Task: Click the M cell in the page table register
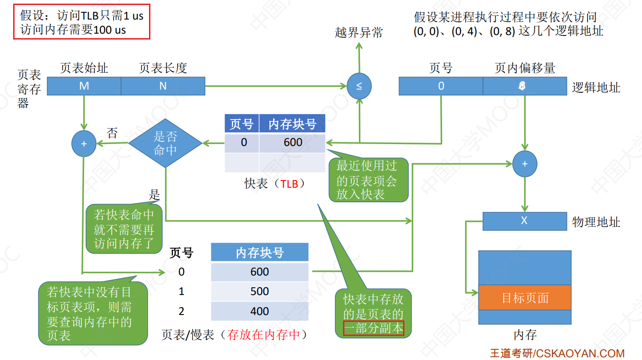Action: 84,85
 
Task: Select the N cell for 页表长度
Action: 163,85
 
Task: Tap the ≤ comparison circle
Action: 359,85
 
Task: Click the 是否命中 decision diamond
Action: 165,143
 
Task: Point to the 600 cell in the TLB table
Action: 293,142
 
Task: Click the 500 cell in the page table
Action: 259,291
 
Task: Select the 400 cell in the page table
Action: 259,311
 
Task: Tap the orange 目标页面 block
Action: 525,298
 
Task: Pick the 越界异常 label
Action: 359,33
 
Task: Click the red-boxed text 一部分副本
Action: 373,328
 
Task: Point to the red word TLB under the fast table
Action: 289,184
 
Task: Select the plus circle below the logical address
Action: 525,164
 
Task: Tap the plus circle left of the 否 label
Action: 84,144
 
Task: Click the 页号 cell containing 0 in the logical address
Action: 441,85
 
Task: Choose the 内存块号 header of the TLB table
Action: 292,124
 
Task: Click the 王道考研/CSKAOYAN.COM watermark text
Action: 557,353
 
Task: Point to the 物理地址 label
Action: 596,222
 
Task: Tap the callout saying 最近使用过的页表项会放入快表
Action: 368,180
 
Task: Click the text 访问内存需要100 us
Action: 73,30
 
